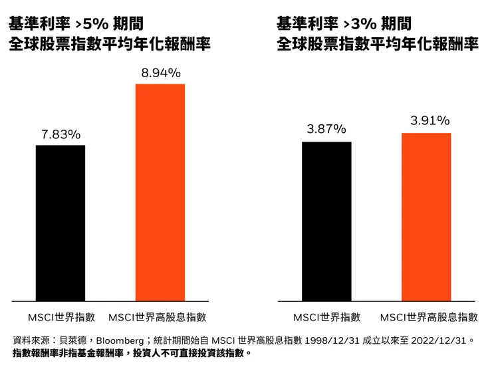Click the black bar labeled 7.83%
coord(61,223)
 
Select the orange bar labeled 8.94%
coord(160,192)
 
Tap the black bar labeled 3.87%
coord(326,221)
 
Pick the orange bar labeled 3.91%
coord(426,217)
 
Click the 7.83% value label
coord(61,135)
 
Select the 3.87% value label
coord(326,129)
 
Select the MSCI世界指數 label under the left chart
coord(61,316)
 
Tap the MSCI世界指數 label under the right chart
coord(327,316)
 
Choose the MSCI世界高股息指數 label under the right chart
coord(429,316)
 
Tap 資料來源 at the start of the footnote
coord(30,340)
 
